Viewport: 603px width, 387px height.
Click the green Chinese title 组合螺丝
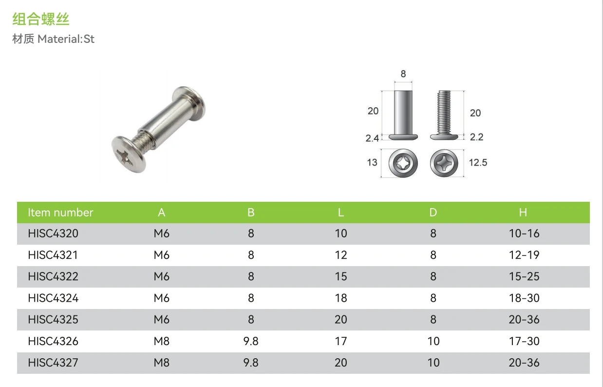pyautogui.click(x=41, y=19)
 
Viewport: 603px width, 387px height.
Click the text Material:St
pyautogui.click(x=66, y=39)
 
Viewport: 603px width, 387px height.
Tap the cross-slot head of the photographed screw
pyautogui.click(x=129, y=155)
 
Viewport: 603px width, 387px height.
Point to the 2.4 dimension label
pyautogui.click(x=372, y=138)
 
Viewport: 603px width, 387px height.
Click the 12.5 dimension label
pyautogui.click(x=478, y=162)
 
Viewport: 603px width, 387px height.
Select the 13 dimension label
pyautogui.click(x=372, y=162)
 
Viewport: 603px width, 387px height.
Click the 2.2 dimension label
pyautogui.click(x=476, y=137)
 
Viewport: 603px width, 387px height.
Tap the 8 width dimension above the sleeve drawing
pyautogui.click(x=403, y=74)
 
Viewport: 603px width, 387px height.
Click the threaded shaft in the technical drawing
pyautogui.click(x=444, y=112)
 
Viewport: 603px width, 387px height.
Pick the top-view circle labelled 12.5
pyautogui.click(x=444, y=163)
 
